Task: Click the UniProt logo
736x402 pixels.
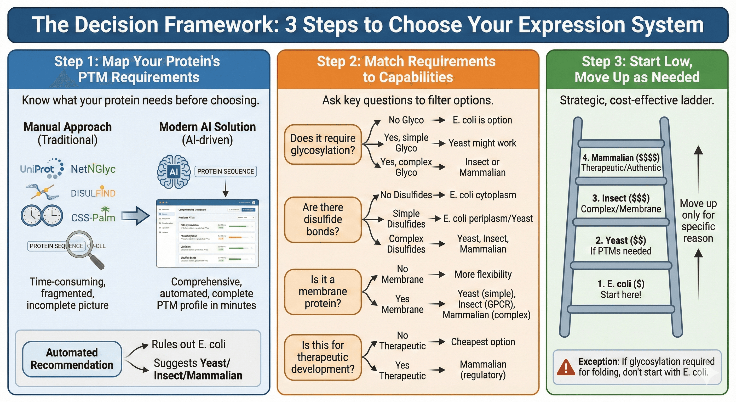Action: pos(42,169)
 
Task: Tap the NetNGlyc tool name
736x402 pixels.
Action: pos(93,169)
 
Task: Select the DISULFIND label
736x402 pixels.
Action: pos(93,193)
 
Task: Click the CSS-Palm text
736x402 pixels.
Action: pos(93,217)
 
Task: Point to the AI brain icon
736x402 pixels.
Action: pos(174,172)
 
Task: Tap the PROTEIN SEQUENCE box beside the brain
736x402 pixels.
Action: pos(226,171)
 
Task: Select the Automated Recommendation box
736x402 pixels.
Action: pos(72,359)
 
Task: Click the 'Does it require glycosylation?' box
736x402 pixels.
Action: pos(323,144)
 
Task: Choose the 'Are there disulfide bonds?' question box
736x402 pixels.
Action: pos(323,220)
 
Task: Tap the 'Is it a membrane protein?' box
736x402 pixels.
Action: pos(323,292)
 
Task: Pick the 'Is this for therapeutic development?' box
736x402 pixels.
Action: pos(323,357)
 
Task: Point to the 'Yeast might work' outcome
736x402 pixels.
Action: pos(482,143)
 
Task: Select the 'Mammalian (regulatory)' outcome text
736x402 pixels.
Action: pos(483,369)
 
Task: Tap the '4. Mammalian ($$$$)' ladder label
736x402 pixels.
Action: pos(621,158)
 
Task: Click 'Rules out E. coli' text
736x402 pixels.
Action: pos(188,344)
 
